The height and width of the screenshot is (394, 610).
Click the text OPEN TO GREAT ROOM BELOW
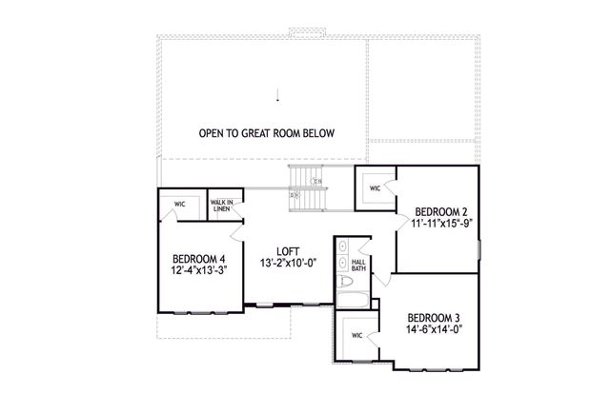tap(268, 133)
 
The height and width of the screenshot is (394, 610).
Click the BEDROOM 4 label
tap(198, 259)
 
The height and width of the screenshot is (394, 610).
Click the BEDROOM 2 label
tap(439, 212)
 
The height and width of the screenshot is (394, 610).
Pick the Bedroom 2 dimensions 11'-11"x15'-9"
tap(442, 226)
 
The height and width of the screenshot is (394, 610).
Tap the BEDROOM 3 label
tap(435, 318)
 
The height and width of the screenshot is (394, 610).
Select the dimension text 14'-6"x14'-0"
tap(435, 331)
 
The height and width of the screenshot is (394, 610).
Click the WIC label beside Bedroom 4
tap(179, 203)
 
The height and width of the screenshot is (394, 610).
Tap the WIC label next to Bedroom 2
tap(376, 188)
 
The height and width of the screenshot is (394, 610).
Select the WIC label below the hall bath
tap(357, 335)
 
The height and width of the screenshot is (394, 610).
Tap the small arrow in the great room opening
tap(278, 94)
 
